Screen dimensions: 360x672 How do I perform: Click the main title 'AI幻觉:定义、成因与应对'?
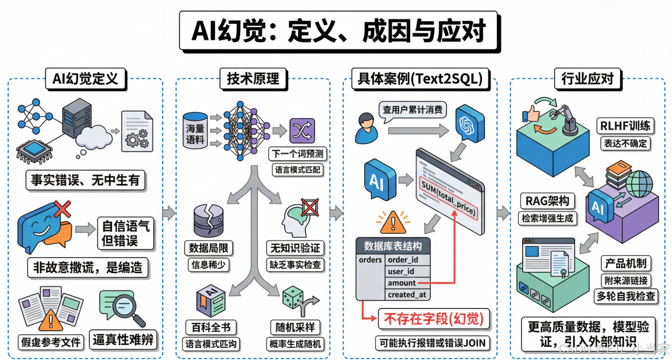point(339,31)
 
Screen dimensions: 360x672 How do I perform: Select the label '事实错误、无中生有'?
point(85,180)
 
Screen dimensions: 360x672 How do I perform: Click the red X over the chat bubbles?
point(62,208)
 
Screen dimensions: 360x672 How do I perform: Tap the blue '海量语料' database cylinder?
point(196,130)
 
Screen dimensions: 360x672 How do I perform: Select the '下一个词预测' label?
point(297,153)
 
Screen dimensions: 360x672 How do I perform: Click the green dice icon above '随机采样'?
point(293,297)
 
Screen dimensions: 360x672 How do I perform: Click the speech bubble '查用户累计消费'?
point(412,109)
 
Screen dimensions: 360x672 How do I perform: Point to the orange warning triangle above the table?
point(388,221)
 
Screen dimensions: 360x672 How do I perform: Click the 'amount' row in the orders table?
point(402,283)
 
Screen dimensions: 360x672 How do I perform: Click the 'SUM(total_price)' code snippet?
point(448,197)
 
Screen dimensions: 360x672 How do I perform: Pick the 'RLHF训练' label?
point(625,126)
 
